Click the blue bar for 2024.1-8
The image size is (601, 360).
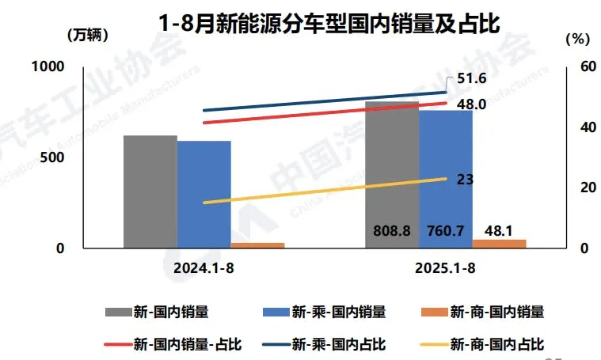point(204,195)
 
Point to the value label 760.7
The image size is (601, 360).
point(446,231)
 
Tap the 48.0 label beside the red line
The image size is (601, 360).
point(472,104)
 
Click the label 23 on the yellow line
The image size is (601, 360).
point(466,180)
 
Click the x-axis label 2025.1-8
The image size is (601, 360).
point(445,269)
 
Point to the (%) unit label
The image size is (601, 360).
point(579,38)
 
